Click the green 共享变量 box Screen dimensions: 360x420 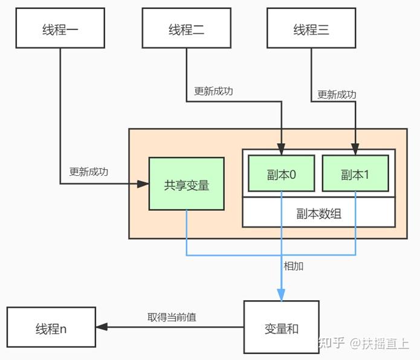coord(186,184)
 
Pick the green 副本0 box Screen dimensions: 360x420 coord(281,175)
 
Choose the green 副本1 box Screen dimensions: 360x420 coord(355,175)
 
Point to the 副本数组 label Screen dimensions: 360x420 coord(318,213)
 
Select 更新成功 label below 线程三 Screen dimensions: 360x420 coord(337,95)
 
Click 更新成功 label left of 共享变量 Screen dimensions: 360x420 coord(89,172)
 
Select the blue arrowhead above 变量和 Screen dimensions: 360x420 coord(281,295)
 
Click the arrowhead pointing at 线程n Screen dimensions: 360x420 coord(102,327)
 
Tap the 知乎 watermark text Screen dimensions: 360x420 coord(331,342)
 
